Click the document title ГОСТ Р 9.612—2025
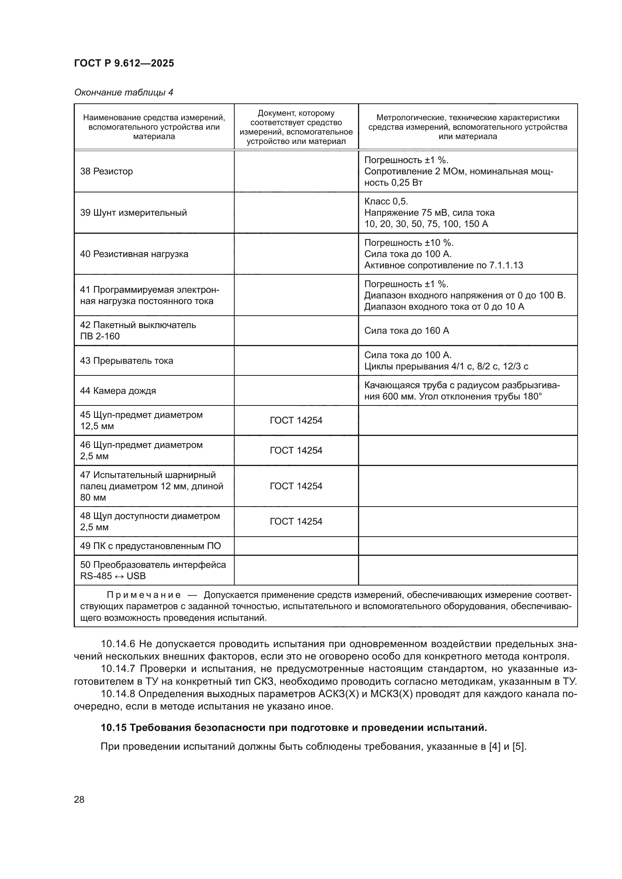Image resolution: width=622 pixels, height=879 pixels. tap(124, 63)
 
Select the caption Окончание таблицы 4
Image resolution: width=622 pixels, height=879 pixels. tap(123, 92)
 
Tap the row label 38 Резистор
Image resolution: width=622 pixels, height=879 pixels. tap(106, 171)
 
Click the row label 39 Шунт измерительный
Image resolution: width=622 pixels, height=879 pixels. tap(133, 212)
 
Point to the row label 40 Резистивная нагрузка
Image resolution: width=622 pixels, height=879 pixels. tap(134, 254)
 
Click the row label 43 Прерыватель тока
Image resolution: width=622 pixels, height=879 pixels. tap(126, 361)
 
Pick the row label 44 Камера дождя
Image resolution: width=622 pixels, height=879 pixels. tap(118, 390)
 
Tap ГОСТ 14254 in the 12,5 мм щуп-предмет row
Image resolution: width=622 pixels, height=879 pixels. tap(296, 421)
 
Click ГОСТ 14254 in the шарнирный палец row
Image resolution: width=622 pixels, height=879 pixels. tap(296, 486)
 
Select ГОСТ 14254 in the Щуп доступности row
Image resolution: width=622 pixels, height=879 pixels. tap(296, 522)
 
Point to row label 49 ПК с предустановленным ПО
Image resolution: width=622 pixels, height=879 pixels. tap(150, 546)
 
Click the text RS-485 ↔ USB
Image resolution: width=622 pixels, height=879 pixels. tap(112, 576)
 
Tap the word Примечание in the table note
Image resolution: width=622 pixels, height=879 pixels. tap(143, 595)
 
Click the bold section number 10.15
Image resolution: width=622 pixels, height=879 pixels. tap(113, 728)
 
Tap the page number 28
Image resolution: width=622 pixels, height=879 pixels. tap(79, 799)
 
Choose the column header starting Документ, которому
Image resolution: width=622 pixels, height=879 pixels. tap(296, 113)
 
